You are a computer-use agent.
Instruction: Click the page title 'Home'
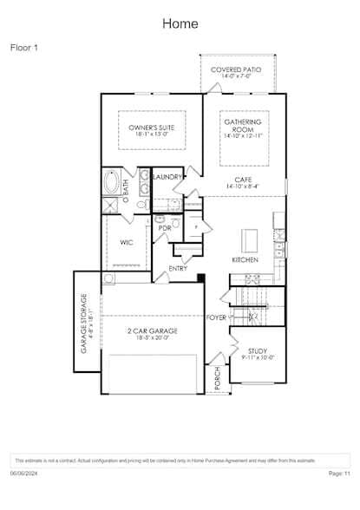[x=180, y=23]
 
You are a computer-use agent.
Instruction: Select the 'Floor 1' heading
[x=24, y=48]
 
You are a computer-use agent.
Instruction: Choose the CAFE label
[x=243, y=179]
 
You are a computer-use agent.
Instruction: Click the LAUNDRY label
[x=167, y=177]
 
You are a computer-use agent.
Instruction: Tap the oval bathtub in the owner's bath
[x=114, y=183]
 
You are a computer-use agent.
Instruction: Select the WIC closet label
[x=127, y=242]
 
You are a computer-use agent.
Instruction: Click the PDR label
[x=164, y=228]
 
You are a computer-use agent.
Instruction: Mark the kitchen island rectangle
[x=250, y=239]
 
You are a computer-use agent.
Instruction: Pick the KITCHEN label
[x=245, y=260]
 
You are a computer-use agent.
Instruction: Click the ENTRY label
[x=178, y=268]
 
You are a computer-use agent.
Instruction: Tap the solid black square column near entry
[x=200, y=278]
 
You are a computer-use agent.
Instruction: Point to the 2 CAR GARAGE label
[x=153, y=330]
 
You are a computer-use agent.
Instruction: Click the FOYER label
[x=216, y=317]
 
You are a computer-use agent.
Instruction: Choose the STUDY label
[x=258, y=351]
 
